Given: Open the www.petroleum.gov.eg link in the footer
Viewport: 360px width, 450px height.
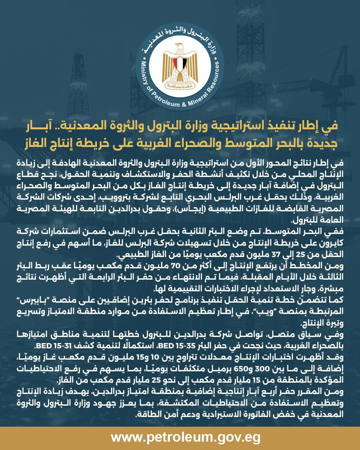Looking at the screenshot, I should pos(185,437).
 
